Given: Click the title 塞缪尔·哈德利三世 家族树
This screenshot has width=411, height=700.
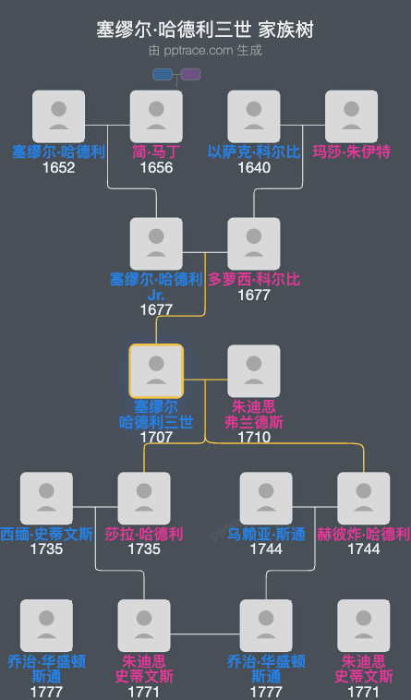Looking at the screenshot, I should [205, 30].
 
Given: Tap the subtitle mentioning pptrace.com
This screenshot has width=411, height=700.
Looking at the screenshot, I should [205, 50].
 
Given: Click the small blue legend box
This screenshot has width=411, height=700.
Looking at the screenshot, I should [163, 75].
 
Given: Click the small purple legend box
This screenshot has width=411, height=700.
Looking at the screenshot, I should [191, 75].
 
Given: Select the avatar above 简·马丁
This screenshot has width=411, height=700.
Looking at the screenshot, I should [156, 115].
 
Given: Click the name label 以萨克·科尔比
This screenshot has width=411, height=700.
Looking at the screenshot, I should [254, 151].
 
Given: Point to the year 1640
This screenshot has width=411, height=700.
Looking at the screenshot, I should [254, 167].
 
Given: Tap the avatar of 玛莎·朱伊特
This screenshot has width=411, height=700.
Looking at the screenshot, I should [352, 115].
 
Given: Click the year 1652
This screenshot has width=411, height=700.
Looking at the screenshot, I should [58, 167].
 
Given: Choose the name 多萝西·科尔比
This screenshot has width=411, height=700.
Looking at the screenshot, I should [254, 279].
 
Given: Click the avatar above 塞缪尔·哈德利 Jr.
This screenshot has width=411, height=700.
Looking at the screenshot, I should [156, 243].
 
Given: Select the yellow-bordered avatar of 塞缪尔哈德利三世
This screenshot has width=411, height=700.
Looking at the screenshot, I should [156, 370].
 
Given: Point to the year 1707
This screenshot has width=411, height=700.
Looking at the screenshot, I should [156, 437].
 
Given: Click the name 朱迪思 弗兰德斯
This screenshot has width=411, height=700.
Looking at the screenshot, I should [254, 414].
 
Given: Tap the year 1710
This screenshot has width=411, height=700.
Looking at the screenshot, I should [254, 437].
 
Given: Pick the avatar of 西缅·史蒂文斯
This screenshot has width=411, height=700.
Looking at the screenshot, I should [46, 498].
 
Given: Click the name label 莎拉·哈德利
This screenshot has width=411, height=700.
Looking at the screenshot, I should [144, 534].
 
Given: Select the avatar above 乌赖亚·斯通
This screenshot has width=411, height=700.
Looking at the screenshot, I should [266, 498].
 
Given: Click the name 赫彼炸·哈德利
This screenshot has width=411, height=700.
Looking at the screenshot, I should [364, 534].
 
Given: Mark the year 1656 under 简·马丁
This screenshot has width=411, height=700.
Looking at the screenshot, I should [156, 167].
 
